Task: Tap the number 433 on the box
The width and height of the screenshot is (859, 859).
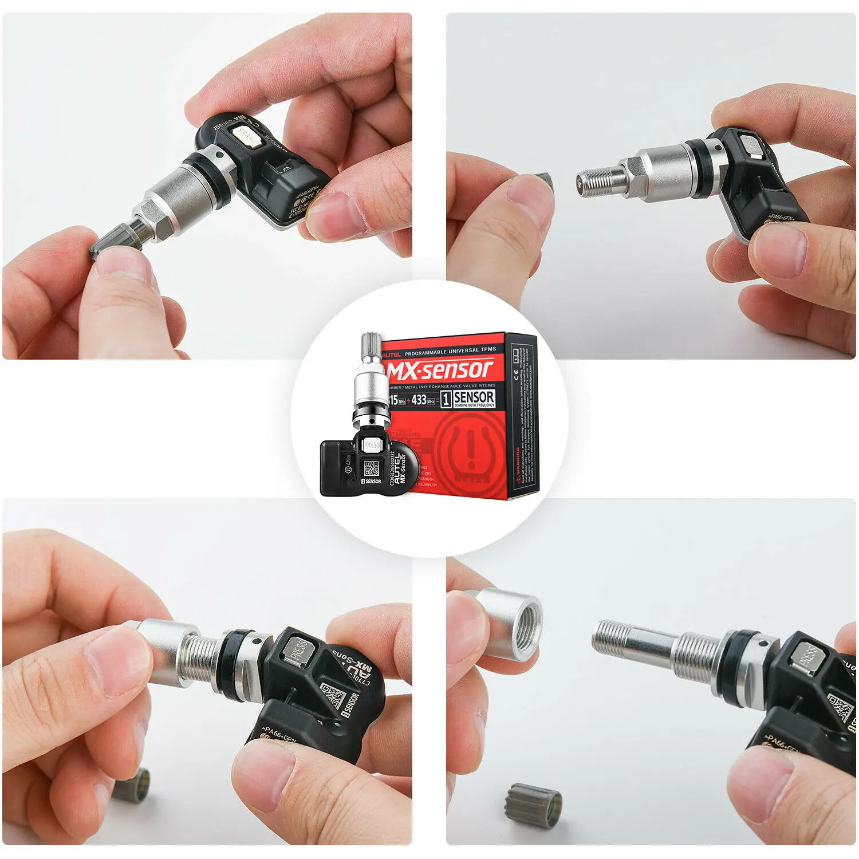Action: coord(419,399)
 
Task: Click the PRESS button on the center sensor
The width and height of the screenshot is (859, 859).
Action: coord(372,444)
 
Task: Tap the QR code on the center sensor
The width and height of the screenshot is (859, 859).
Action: coord(372,468)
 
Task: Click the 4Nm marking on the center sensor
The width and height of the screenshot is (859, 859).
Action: coord(346,458)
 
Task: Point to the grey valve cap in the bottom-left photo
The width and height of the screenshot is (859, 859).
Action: coord(132,785)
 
